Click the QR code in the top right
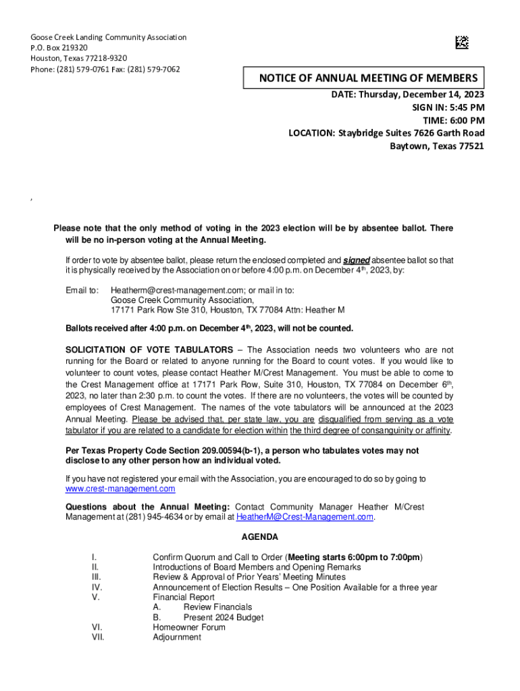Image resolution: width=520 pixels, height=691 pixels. [461, 43]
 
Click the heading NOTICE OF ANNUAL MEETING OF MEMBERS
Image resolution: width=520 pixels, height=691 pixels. [368, 78]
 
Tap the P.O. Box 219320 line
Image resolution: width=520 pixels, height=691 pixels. [59, 48]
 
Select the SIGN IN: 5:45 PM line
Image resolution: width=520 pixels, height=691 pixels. [448, 107]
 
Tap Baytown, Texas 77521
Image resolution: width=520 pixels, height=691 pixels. [437, 146]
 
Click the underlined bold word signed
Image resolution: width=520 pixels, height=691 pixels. [357, 260]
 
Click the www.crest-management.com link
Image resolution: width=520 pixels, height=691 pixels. [120, 489]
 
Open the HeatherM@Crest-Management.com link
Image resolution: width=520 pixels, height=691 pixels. [305, 517]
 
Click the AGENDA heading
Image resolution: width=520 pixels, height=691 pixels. [259, 537]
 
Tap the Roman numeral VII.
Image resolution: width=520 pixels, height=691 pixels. [98, 637]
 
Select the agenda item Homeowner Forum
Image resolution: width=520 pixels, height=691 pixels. [189, 627]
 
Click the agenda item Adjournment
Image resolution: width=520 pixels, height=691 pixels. [177, 637]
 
